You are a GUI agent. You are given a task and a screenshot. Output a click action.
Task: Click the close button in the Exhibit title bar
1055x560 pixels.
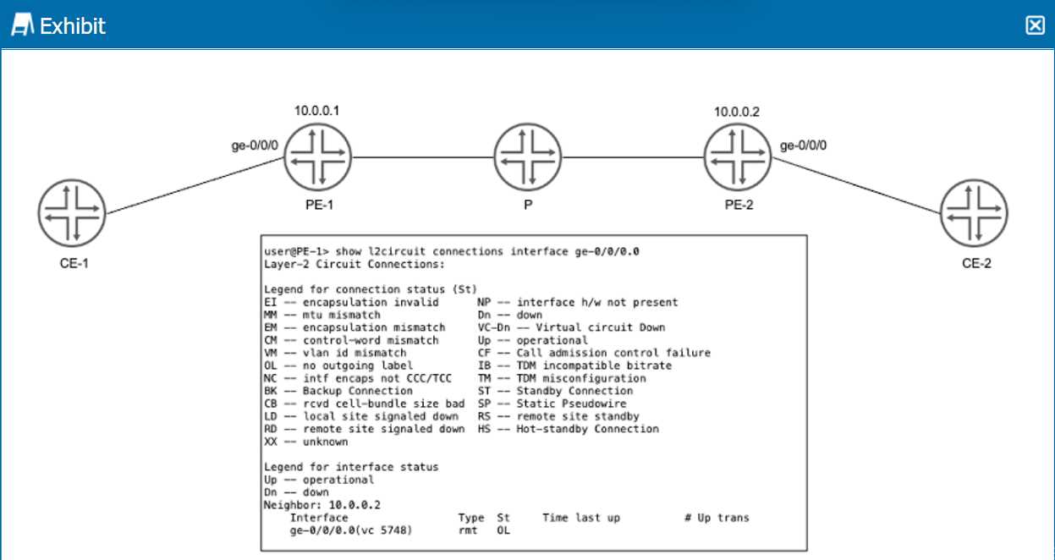tap(1035, 25)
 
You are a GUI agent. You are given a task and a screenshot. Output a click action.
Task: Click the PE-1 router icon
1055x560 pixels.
tap(317, 156)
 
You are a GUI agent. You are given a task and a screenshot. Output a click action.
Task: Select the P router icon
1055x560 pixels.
tap(528, 156)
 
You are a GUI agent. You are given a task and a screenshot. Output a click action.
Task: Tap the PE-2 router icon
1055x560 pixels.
tap(738, 156)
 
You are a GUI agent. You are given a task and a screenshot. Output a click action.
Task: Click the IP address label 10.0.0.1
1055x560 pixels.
tap(317, 111)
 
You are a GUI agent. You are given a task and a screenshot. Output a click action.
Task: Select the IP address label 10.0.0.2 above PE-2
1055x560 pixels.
tap(737, 111)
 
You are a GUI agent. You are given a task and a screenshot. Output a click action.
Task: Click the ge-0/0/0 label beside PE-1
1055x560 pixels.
tap(255, 145)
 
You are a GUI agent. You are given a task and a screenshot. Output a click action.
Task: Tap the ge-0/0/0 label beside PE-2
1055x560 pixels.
tap(803, 145)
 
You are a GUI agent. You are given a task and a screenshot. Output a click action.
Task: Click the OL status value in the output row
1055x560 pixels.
tap(503, 530)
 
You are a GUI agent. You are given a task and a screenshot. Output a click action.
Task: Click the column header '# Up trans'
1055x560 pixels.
tap(717, 518)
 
